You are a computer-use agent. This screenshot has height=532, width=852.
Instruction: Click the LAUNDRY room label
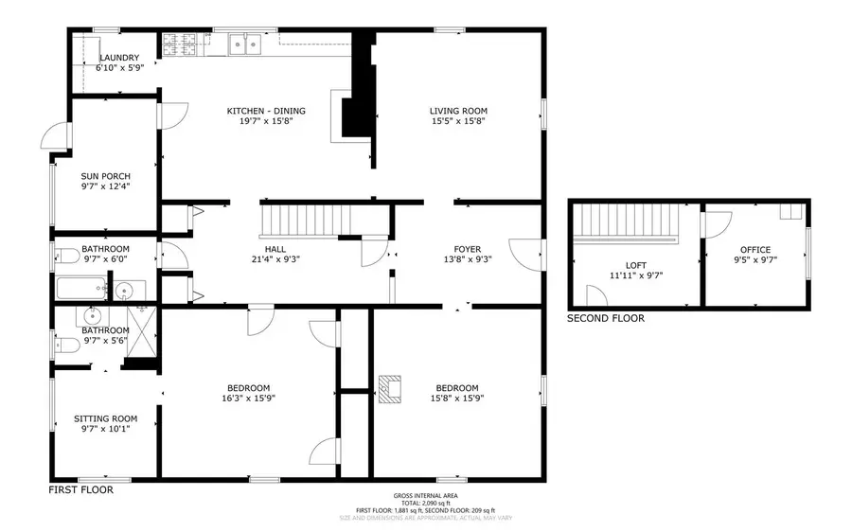pos(119,58)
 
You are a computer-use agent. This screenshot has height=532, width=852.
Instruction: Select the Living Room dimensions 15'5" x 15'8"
pos(459,121)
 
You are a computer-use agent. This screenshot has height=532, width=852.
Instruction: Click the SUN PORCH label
pos(105,176)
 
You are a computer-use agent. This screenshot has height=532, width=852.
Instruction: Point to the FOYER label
pos(468,248)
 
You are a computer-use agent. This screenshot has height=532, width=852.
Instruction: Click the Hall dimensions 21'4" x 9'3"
pos(270,258)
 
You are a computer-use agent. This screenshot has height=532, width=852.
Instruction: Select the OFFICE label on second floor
pos(755,250)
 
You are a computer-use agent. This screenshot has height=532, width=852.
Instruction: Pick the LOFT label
pos(636,266)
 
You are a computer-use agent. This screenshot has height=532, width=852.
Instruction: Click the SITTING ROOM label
pos(105,418)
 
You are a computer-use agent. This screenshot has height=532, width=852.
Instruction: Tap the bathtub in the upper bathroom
pos(80,288)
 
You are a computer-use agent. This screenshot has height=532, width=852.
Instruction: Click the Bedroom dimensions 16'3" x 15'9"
pos(249,398)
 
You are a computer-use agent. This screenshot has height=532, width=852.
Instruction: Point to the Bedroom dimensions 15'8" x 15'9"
pos(456,398)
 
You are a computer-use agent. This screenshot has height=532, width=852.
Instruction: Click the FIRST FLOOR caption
pos(80,490)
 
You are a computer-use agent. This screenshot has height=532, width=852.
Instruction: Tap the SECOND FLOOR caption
pos(605,318)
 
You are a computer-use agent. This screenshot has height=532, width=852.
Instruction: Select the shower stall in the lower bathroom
pos(142,328)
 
